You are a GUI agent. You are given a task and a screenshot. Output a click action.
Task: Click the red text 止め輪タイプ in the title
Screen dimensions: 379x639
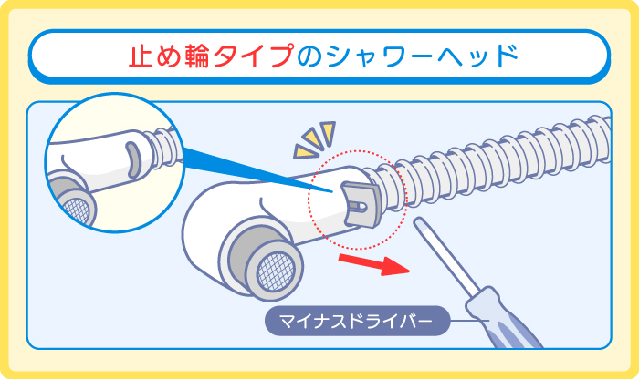(213, 56)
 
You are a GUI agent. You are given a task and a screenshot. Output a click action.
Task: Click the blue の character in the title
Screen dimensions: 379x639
(310, 56)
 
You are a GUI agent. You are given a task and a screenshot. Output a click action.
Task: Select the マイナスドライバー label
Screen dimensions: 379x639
(357, 320)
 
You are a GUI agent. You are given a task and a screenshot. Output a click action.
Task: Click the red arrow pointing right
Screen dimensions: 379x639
(374, 265)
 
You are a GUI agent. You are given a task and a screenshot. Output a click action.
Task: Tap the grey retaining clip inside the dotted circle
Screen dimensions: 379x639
(360, 200)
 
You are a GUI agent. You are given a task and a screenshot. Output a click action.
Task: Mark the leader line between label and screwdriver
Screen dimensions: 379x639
(466, 320)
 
